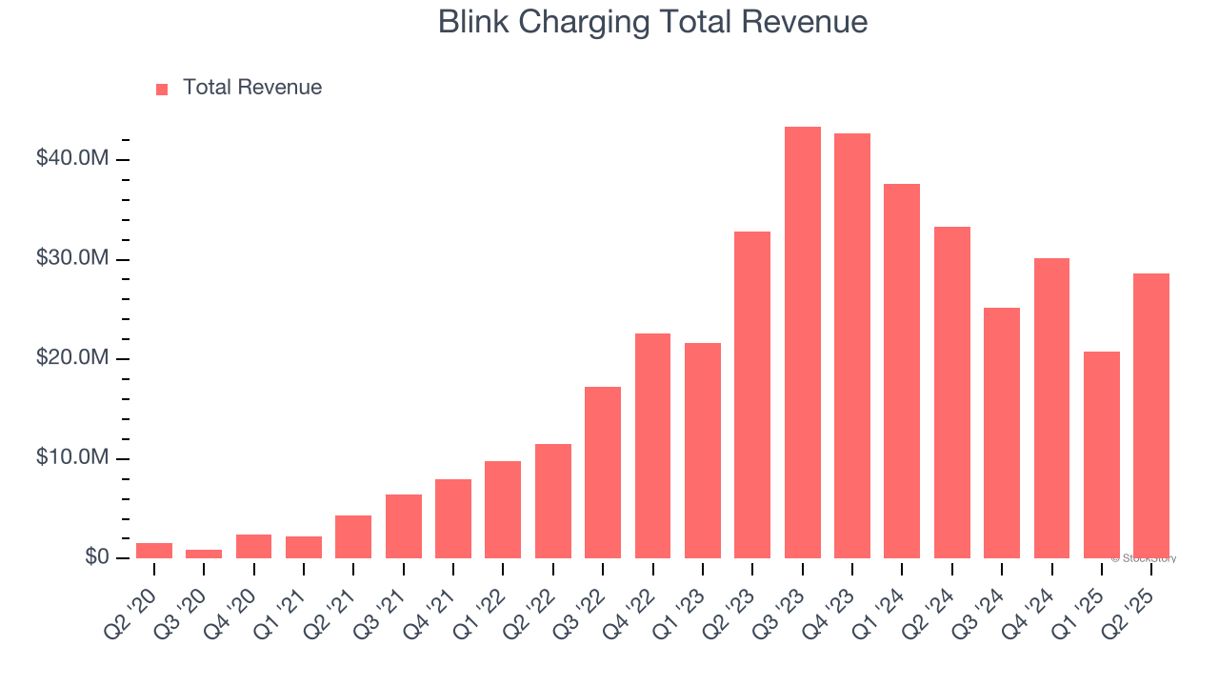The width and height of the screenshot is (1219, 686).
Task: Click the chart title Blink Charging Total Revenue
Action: pyautogui.click(x=652, y=22)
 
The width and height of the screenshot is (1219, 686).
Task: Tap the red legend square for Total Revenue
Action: pyautogui.click(x=162, y=89)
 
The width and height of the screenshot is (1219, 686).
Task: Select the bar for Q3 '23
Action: pyautogui.click(x=802, y=342)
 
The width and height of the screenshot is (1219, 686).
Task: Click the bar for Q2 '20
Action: pyautogui.click(x=154, y=551)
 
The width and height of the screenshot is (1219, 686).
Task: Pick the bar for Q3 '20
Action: pyautogui.click(x=204, y=554)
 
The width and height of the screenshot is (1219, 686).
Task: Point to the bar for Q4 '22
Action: pyautogui.click(x=652, y=446)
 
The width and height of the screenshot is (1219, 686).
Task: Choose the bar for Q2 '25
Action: pyautogui.click(x=1150, y=415)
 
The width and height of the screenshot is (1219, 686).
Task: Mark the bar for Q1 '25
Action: pyautogui.click(x=1101, y=454)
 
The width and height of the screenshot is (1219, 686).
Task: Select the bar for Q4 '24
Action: pyautogui.click(x=1051, y=408)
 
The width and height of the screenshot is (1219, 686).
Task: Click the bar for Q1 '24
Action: pyautogui.click(x=902, y=371)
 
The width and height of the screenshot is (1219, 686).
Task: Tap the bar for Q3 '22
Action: pyautogui.click(x=603, y=472)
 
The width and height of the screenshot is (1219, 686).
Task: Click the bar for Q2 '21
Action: pyautogui.click(x=353, y=536)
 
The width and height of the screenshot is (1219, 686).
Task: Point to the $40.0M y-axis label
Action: pyautogui.click(x=71, y=158)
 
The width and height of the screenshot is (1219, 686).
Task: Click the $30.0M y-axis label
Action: pyautogui.click(x=71, y=259)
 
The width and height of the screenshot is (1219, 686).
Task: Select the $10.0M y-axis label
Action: pyautogui.click(x=71, y=458)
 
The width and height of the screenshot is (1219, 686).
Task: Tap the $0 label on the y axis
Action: pyautogui.click(x=95, y=557)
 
